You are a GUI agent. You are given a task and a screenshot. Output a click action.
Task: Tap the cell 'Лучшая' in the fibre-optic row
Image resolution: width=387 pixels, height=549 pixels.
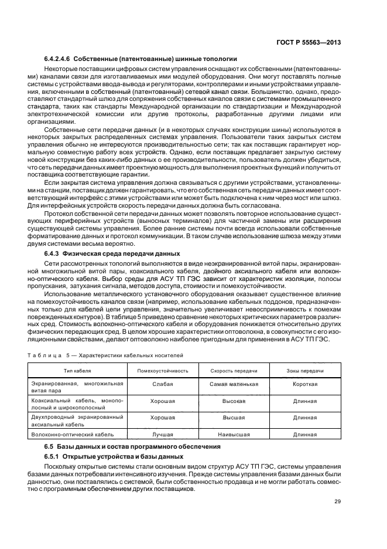(162, 435)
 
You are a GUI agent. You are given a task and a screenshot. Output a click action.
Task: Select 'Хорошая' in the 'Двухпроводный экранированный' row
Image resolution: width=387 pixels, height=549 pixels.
(162, 418)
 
